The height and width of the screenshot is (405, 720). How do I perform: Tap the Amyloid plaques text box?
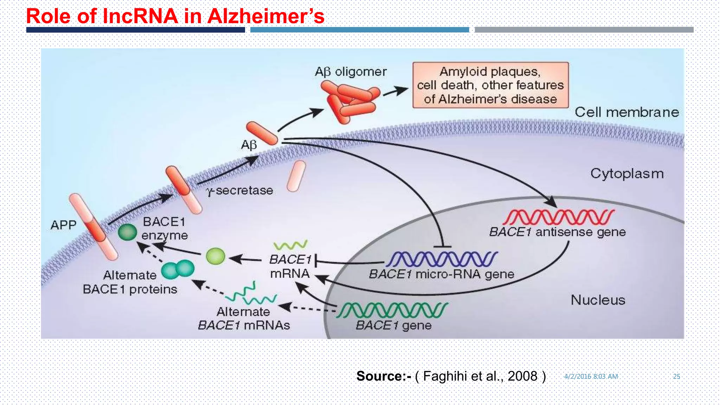pos(490,85)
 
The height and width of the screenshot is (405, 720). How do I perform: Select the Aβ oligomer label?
pos(351,72)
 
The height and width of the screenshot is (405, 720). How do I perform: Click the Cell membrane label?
pos(626,112)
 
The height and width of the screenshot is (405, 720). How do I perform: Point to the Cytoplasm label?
pos(627,174)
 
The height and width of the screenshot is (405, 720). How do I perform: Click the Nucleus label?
pos(598,300)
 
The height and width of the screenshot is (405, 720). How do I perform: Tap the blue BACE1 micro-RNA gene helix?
pos(442,259)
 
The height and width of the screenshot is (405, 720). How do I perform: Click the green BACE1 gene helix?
pos(392,310)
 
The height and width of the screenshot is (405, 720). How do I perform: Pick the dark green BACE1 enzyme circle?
pos(127,232)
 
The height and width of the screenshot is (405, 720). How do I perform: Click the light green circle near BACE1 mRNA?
pos(215,256)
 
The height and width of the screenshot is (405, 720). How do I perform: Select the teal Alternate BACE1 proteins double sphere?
pos(178,270)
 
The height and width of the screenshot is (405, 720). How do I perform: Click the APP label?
pos(63,225)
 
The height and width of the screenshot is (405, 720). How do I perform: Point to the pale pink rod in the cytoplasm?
pos(296,176)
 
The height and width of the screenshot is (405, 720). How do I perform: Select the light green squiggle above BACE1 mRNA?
pos(290,245)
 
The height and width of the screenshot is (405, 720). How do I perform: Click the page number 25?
pos(676,376)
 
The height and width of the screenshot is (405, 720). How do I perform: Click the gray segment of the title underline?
pos(584,30)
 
